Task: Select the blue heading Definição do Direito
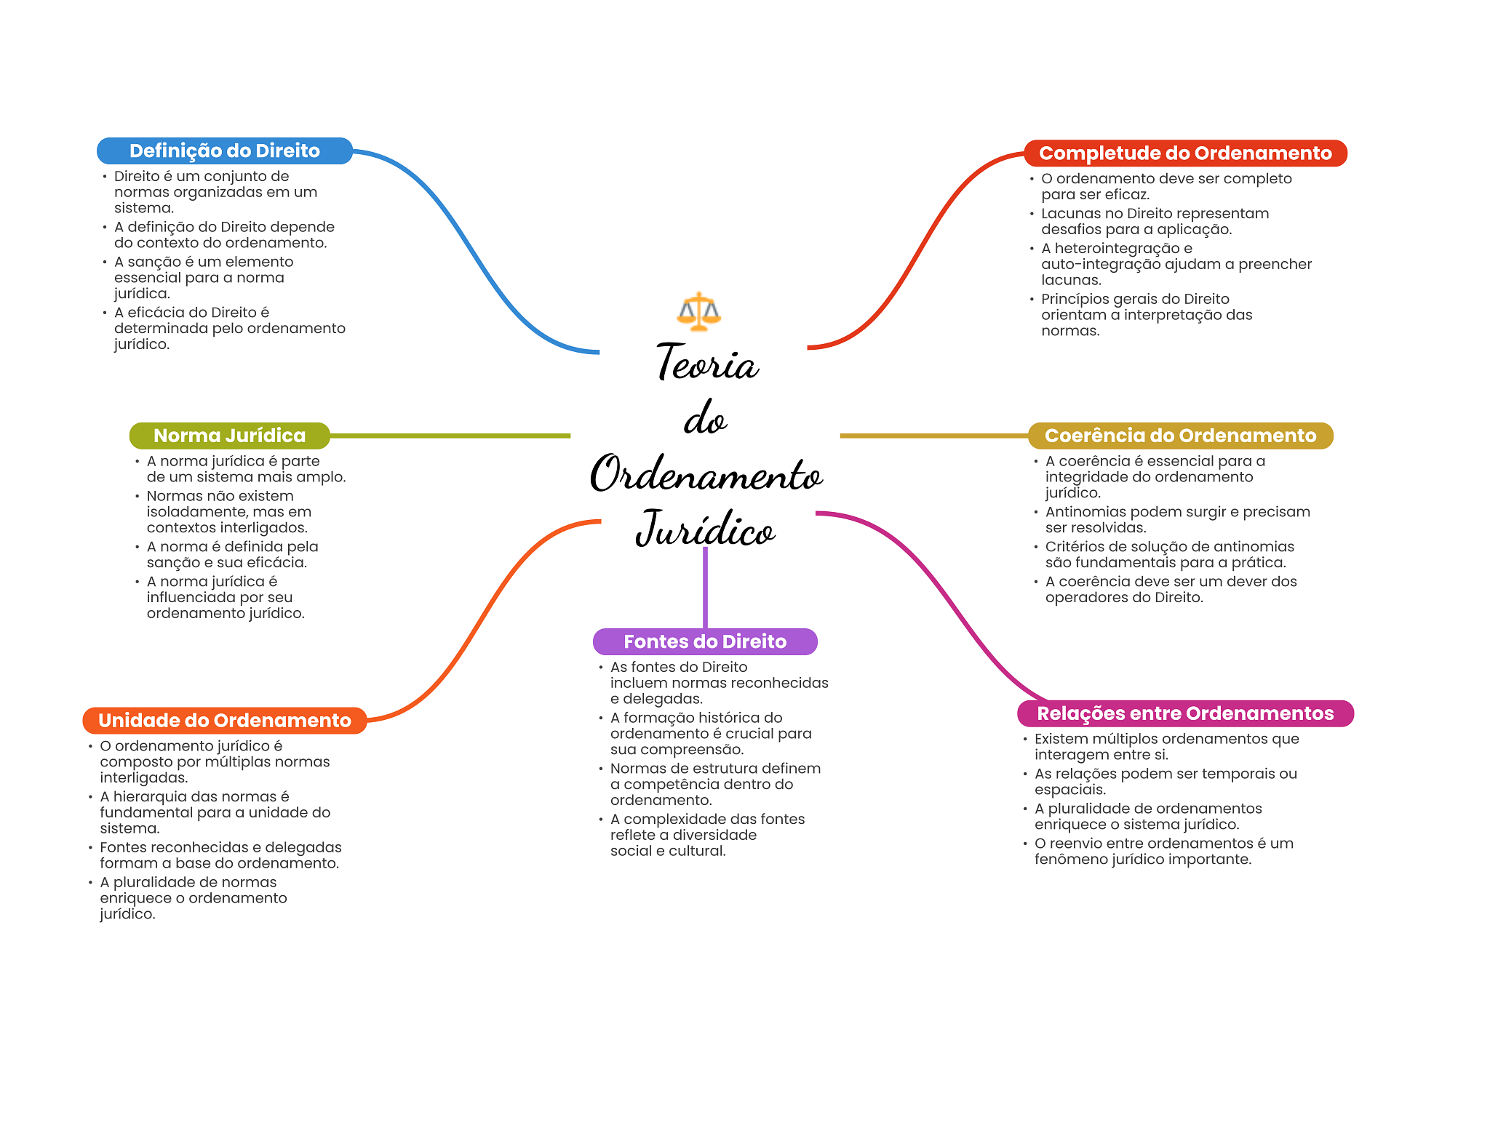[224, 151]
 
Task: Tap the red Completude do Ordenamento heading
[1185, 153]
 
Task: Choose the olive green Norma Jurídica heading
[229, 436]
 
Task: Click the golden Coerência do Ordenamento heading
[1180, 436]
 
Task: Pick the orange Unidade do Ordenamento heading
[224, 720]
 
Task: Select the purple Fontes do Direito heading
[705, 641]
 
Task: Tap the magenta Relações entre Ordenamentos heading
[1185, 713]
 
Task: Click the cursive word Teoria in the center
[707, 363]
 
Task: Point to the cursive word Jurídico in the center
[705, 529]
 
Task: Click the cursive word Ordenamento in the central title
[706, 474]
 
